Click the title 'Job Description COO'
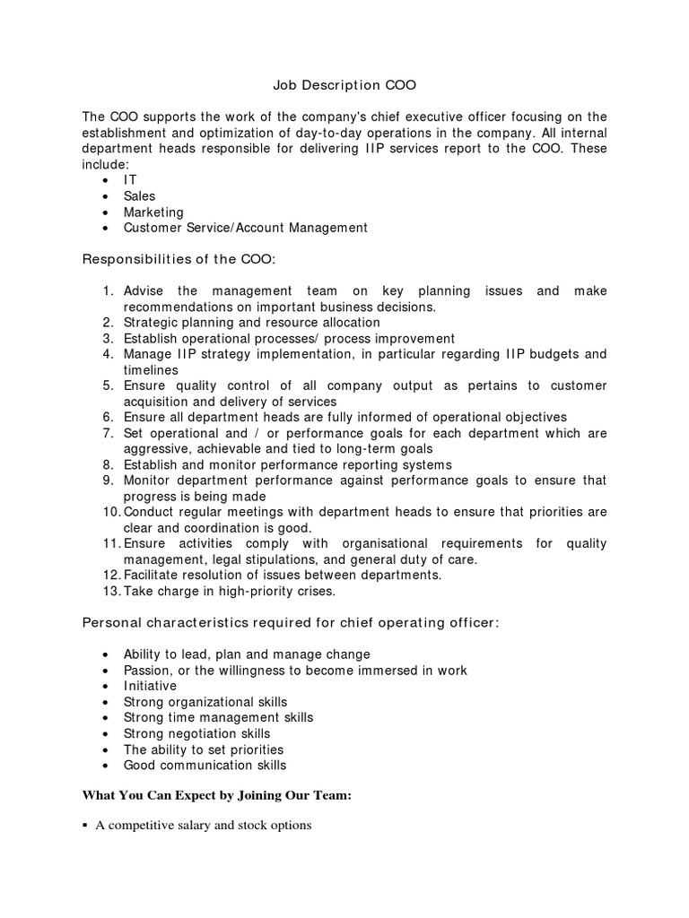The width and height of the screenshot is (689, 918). (344, 86)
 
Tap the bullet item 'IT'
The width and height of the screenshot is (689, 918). (131, 179)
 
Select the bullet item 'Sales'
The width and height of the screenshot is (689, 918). (139, 195)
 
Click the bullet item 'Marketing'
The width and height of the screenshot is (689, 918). (153, 212)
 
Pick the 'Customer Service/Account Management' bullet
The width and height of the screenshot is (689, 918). (245, 228)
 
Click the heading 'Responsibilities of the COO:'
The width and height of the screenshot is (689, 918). (179, 259)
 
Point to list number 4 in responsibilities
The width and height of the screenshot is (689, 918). (107, 354)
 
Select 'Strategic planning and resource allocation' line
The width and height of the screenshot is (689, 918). (251, 322)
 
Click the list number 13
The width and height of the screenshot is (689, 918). (110, 591)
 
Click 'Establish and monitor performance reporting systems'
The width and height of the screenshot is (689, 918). (287, 464)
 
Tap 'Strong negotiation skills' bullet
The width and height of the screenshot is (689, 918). (196, 733)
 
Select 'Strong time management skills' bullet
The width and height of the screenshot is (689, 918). (218, 717)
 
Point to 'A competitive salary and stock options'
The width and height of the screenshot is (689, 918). (203, 826)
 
